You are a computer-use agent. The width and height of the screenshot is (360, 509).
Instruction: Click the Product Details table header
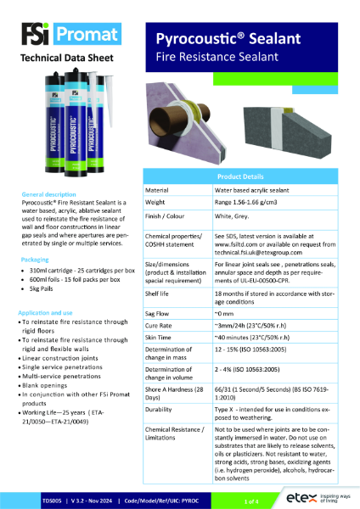(248, 174)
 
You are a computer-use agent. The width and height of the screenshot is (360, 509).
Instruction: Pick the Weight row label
(159, 204)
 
